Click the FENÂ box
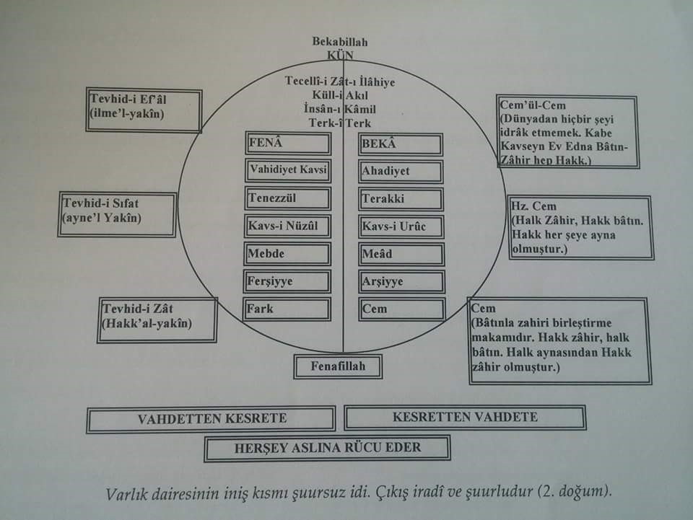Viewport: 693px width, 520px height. [x=287, y=144]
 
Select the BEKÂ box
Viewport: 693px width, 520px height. [x=401, y=144]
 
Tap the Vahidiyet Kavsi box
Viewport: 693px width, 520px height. [x=287, y=171]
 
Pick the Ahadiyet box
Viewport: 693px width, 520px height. [x=401, y=172]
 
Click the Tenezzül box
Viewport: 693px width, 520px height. [x=287, y=198]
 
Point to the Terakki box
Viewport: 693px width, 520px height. [x=401, y=199]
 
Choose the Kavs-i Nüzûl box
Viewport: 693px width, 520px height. [x=287, y=226]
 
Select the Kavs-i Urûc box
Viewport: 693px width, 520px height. [x=401, y=226]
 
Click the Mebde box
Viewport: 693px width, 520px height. [x=287, y=254]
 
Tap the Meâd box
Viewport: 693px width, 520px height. [x=401, y=254]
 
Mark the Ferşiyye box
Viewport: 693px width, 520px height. [x=287, y=281]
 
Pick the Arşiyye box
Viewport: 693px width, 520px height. [x=401, y=281]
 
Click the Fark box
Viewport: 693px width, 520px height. [x=287, y=309]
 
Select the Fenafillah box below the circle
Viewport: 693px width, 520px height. [x=337, y=366]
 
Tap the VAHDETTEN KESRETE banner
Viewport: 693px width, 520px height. [x=211, y=419]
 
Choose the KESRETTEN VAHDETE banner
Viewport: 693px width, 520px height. [x=464, y=418]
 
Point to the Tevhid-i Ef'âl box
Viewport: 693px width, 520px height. [x=144, y=110]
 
